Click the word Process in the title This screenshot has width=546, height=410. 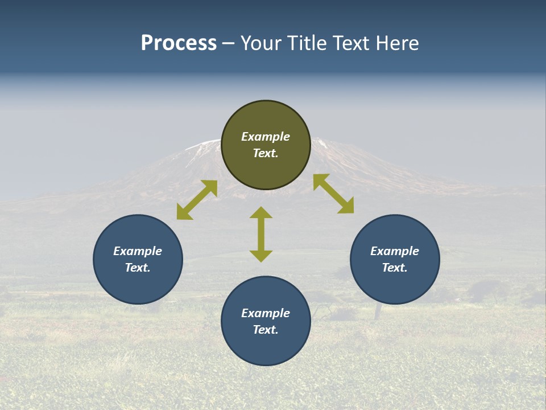(179, 43)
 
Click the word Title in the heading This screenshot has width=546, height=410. (306, 43)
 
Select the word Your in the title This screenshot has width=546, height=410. (261, 43)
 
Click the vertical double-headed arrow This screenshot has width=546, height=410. (261, 234)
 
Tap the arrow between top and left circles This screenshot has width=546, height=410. (197, 200)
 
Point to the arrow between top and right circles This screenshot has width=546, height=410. (333, 194)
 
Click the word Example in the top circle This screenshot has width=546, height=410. (266, 137)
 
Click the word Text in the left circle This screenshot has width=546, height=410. (138, 268)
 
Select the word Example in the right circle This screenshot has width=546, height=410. (395, 251)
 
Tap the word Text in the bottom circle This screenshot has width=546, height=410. (266, 330)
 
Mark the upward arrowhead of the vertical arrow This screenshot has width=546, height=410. (261, 212)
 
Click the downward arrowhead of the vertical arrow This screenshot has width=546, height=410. (261, 256)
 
